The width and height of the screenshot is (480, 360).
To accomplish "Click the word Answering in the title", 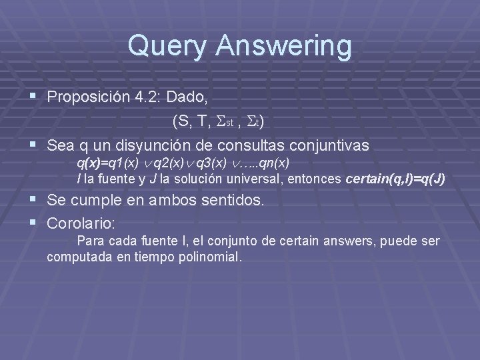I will tap(279, 47).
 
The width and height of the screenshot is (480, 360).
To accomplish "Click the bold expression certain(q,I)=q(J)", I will tap(396, 179).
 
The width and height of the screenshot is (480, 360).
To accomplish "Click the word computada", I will tap(75, 256).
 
